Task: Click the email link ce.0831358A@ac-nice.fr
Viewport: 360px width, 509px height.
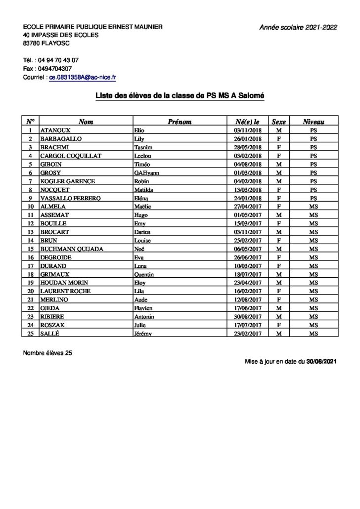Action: tap(82, 78)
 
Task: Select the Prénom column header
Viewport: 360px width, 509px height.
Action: tap(180, 121)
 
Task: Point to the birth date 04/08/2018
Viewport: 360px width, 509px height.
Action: tap(247, 164)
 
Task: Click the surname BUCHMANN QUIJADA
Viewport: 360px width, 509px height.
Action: tap(71, 249)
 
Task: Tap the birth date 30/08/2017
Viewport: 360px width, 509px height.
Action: tap(247, 317)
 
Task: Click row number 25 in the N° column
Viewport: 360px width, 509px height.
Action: tap(31, 334)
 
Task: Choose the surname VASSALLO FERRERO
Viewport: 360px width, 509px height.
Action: tap(70, 198)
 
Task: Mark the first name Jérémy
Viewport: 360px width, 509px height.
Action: tap(143, 334)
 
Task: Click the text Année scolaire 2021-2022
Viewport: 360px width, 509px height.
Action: tap(298, 28)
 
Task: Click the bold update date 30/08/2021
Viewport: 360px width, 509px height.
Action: tap(321, 362)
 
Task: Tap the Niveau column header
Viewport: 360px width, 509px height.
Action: tap(314, 121)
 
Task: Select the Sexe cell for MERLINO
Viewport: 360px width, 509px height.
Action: tap(278, 300)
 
